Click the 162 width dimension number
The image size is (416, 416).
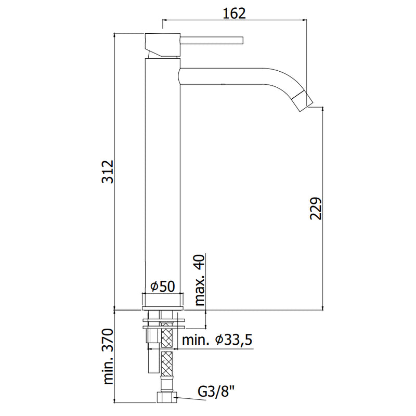coord(234,14)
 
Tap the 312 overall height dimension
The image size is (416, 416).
coord(108,172)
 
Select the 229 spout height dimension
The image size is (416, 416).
coord(316,209)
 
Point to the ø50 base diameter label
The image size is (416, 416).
coord(163,287)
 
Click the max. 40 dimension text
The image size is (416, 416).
coord(200,280)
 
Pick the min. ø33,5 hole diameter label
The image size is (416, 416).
coord(217,340)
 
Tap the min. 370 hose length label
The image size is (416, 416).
coord(108,356)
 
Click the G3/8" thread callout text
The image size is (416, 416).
coord(216,392)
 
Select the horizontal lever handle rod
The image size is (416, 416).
coord(212,40)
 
